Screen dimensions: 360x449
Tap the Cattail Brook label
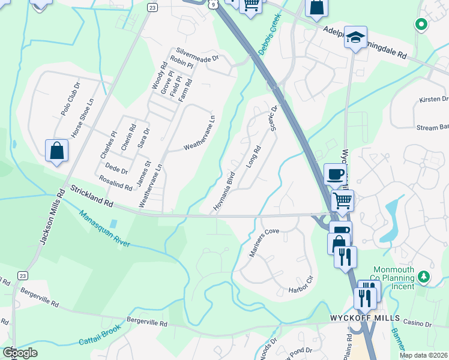(100, 335)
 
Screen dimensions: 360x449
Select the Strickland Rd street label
(92, 197)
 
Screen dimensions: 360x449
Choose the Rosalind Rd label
(116, 183)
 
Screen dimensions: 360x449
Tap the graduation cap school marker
(356, 37)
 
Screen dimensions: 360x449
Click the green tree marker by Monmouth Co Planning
(424, 276)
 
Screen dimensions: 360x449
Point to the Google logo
(20, 352)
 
